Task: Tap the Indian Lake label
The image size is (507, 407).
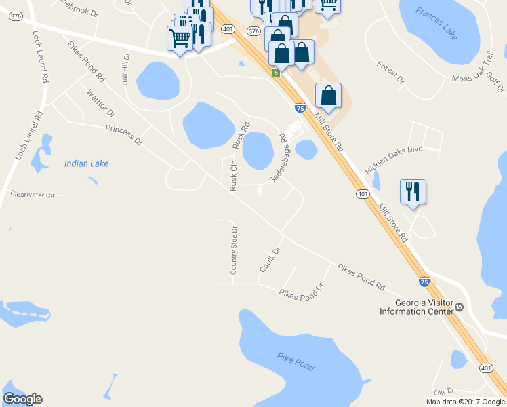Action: (86, 163)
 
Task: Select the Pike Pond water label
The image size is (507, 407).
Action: (296, 362)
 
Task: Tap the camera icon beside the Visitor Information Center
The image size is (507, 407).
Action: (460, 307)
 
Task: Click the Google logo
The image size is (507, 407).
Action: (23, 399)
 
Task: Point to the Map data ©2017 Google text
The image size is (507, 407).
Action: (466, 402)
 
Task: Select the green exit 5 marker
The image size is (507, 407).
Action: (276, 73)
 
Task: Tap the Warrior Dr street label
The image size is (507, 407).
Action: (101, 102)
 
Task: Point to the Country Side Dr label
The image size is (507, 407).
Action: (233, 250)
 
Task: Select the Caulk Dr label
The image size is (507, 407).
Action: (270, 260)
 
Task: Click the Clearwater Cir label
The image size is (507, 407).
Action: (32, 195)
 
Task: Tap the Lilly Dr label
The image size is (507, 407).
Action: (444, 392)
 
